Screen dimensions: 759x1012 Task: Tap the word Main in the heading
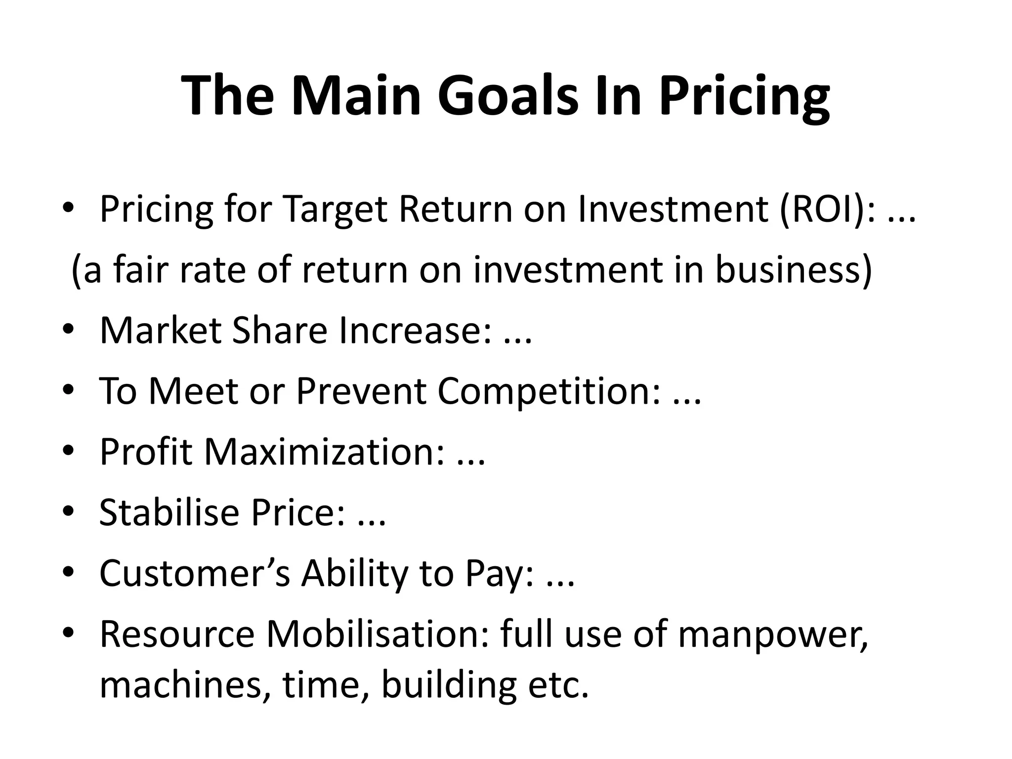tap(356, 95)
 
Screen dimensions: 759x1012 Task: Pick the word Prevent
tap(361, 391)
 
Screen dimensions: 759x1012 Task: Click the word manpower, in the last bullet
tap(773, 635)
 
